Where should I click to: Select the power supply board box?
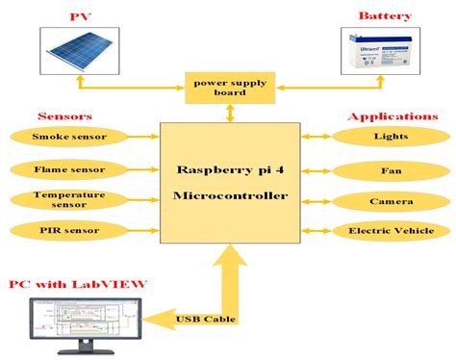(x=229, y=88)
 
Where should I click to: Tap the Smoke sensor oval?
(x=67, y=137)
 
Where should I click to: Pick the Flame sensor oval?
(x=67, y=168)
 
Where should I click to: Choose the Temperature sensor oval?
(x=67, y=199)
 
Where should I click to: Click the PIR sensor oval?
(x=67, y=231)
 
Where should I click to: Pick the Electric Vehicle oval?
(x=391, y=231)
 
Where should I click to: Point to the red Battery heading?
(x=385, y=16)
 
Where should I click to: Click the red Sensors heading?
(x=63, y=115)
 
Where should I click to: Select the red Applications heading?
(x=392, y=116)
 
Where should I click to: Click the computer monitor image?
(x=85, y=322)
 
